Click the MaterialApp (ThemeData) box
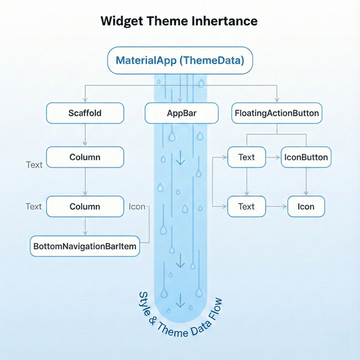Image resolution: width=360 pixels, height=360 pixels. click(x=180, y=61)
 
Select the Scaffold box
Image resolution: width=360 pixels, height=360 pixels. click(x=85, y=113)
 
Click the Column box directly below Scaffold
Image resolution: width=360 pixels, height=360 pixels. click(x=85, y=157)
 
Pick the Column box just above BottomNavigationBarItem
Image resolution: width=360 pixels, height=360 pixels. click(x=85, y=206)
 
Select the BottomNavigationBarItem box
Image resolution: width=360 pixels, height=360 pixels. click(x=85, y=246)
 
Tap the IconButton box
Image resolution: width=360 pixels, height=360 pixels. click(x=305, y=157)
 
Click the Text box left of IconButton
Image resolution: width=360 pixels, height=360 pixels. click(x=247, y=157)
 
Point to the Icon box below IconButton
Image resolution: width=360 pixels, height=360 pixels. click(x=305, y=206)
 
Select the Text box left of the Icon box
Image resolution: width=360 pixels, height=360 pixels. click(x=247, y=206)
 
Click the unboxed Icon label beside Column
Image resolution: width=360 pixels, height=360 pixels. click(x=137, y=206)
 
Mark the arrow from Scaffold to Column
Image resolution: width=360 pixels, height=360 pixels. click(x=85, y=135)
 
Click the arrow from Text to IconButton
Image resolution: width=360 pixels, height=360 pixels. click(x=274, y=157)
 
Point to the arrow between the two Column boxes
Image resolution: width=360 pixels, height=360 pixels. click(x=85, y=182)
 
